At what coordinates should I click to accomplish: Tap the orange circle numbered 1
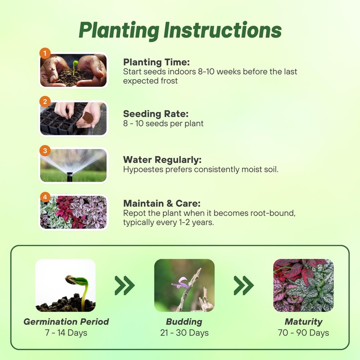[x=45, y=53]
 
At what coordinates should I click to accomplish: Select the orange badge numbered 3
[x=45, y=150]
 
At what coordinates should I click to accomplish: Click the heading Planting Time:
[x=156, y=62]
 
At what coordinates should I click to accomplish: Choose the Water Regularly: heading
[x=162, y=160]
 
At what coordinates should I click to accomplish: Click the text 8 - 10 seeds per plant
[x=163, y=123]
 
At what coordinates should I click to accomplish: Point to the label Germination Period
[x=66, y=322]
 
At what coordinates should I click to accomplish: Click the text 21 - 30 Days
[x=184, y=333]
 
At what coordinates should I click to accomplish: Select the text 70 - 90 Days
[x=303, y=333]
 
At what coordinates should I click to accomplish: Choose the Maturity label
[x=303, y=322]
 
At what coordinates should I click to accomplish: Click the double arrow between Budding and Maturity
[x=243, y=285]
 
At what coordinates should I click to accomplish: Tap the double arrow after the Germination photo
[x=125, y=285]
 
